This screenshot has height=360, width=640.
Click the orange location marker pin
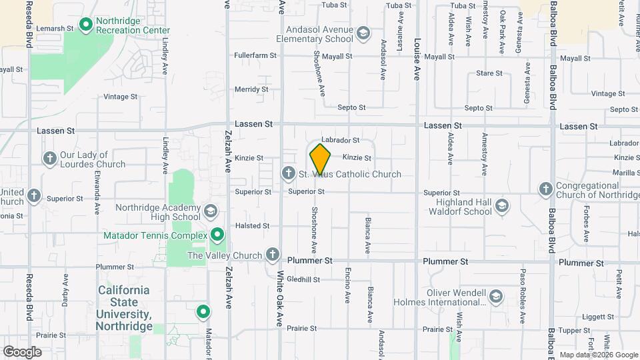coord(320,159)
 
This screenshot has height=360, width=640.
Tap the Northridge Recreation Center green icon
coord(86,25)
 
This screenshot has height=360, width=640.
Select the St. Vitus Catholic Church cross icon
coord(288,174)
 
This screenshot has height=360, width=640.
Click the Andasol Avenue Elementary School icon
coord(363,33)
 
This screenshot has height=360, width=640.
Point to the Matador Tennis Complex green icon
coord(217,235)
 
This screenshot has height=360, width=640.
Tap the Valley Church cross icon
coord(272,255)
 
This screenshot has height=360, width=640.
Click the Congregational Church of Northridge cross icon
coord(545,190)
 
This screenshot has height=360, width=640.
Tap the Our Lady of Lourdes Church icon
coord(49,159)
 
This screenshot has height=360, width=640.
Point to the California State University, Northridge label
coord(124,308)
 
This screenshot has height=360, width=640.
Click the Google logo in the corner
coord(22,351)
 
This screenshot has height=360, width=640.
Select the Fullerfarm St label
coord(255,55)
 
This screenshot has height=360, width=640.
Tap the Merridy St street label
coord(251,89)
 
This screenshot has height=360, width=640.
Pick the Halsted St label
coord(253,226)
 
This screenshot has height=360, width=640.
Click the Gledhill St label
coord(305,280)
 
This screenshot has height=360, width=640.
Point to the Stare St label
coord(489,73)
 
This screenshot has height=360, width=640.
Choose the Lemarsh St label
coord(55,29)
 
